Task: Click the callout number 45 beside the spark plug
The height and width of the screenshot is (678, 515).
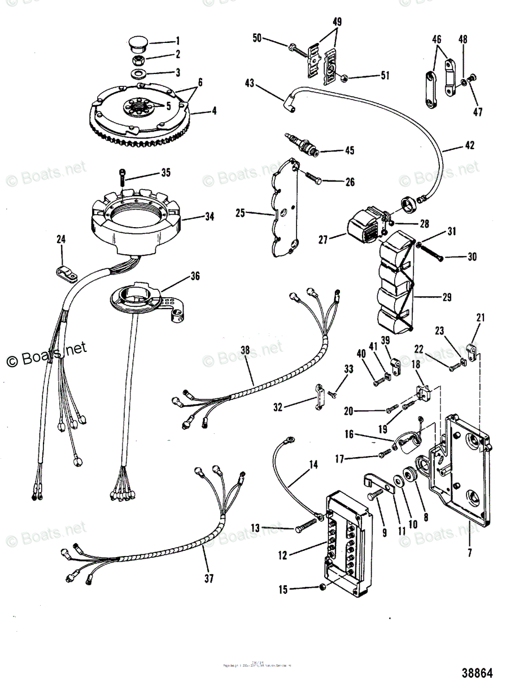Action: [x=350, y=151]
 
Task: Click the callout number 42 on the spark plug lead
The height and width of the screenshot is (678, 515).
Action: [x=470, y=145]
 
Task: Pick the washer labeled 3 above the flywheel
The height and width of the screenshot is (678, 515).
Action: [x=138, y=73]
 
